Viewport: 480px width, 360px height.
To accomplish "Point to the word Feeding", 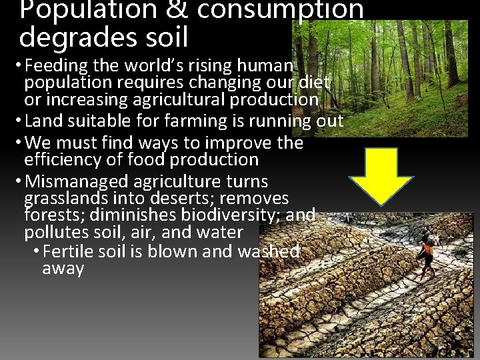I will click(57, 66).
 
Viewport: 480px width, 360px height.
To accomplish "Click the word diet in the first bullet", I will click(316, 83).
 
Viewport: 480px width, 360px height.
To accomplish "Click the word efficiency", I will click(61, 160).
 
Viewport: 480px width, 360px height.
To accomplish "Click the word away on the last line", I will click(63, 269).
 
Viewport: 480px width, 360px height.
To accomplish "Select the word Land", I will click(39, 121).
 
